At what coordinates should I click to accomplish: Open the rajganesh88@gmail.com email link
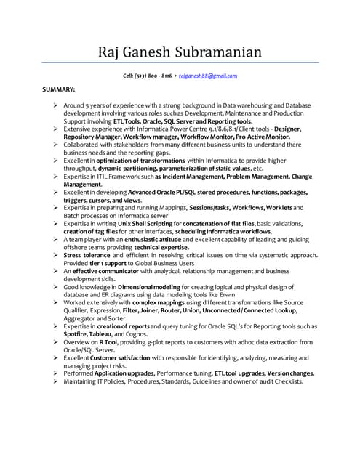click(208, 76)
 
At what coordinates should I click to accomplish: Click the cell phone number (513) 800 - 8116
click(153, 76)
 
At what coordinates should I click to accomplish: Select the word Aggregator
click(82, 318)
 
